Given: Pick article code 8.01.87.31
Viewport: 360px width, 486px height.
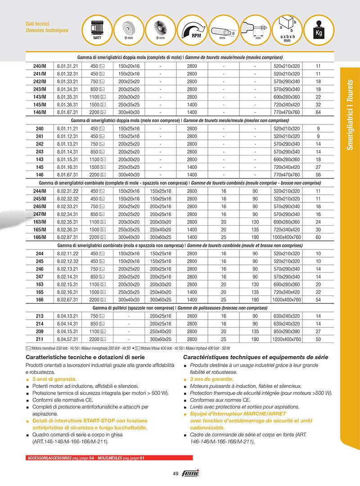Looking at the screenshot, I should pyautogui.click(x=67, y=112).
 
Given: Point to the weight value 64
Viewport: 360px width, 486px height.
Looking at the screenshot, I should pyautogui.click(x=318, y=112).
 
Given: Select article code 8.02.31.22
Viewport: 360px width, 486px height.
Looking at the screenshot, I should pyautogui.click(x=67, y=191).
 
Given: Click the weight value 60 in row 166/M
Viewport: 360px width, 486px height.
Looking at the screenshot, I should pyautogui.click(x=318, y=237).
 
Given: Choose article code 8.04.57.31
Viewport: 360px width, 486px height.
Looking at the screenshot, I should pyautogui.click(x=67, y=339).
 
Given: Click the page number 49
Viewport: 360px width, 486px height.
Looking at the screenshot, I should pyautogui.click(x=176, y=473).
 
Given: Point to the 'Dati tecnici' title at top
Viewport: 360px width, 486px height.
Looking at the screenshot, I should pyautogui.click(x=37, y=24).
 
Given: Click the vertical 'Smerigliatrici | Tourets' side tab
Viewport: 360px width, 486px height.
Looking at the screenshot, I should pyautogui.click(x=351, y=115).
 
